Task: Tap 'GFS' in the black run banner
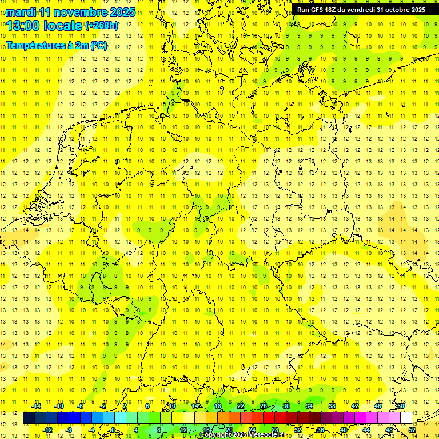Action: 319,10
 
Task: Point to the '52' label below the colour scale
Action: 412,430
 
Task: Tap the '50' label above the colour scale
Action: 401,406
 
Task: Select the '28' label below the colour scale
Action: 275,430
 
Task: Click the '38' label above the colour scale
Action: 332,406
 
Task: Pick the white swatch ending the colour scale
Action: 406,417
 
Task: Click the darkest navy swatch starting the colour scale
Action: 29,417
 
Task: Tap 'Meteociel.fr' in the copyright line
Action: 266,435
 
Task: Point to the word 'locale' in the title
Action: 63,26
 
